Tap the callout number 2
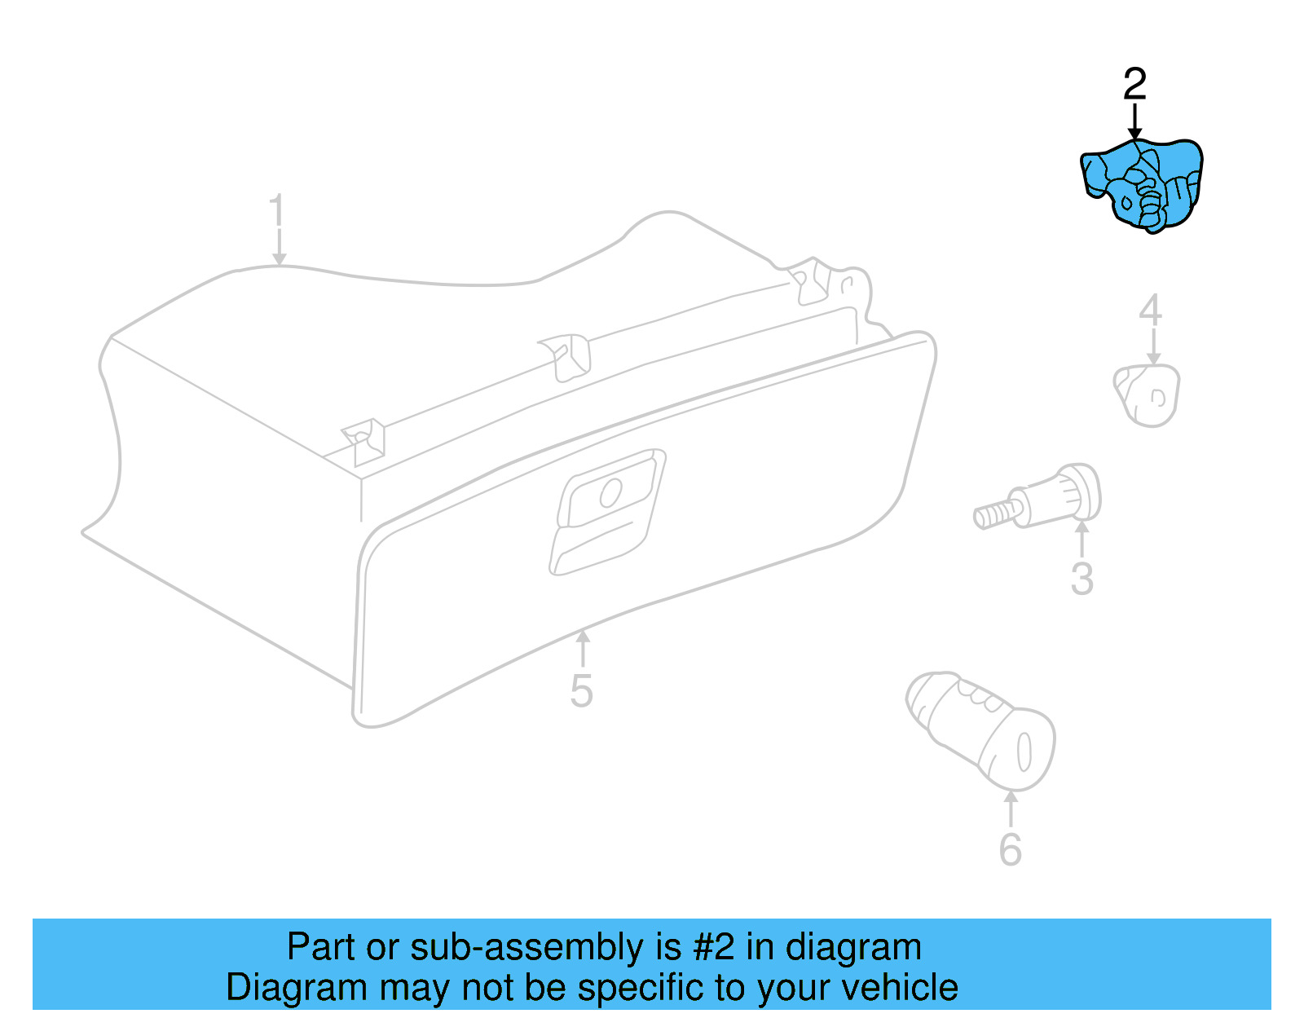(x=1134, y=84)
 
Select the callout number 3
(x=1082, y=578)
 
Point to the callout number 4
(x=1150, y=311)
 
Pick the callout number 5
(x=581, y=690)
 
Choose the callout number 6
(x=1010, y=849)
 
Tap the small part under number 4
(x=1148, y=395)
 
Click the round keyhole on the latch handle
(x=610, y=491)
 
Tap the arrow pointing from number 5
(x=582, y=648)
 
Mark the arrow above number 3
(x=1082, y=538)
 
